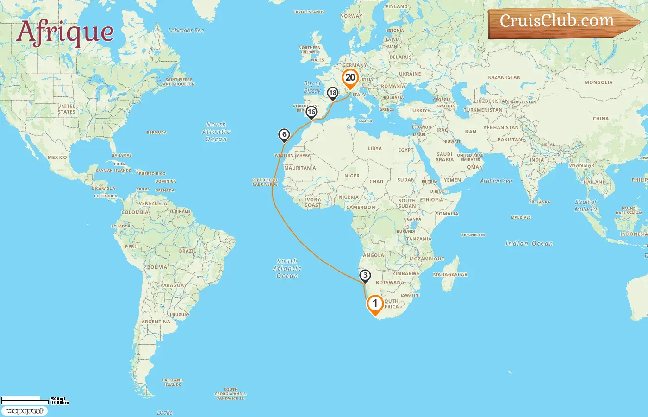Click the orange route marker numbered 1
point(375,304)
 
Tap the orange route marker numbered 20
point(350,78)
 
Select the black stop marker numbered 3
point(365,276)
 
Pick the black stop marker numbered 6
point(284,134)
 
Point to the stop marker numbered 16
point(312,112)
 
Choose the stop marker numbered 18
point(333,93)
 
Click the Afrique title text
point(65,32)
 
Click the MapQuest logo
point(24,411)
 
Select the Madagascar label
point(450,275)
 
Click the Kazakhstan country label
point(504,77)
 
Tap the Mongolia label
point(598,82)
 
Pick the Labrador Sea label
point(186,31)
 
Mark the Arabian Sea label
point(496,181)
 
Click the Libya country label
point(374,149)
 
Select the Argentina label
point(156,322)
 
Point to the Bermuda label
point(156,133)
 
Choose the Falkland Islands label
point(172,382)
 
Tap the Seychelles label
point(473,235)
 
